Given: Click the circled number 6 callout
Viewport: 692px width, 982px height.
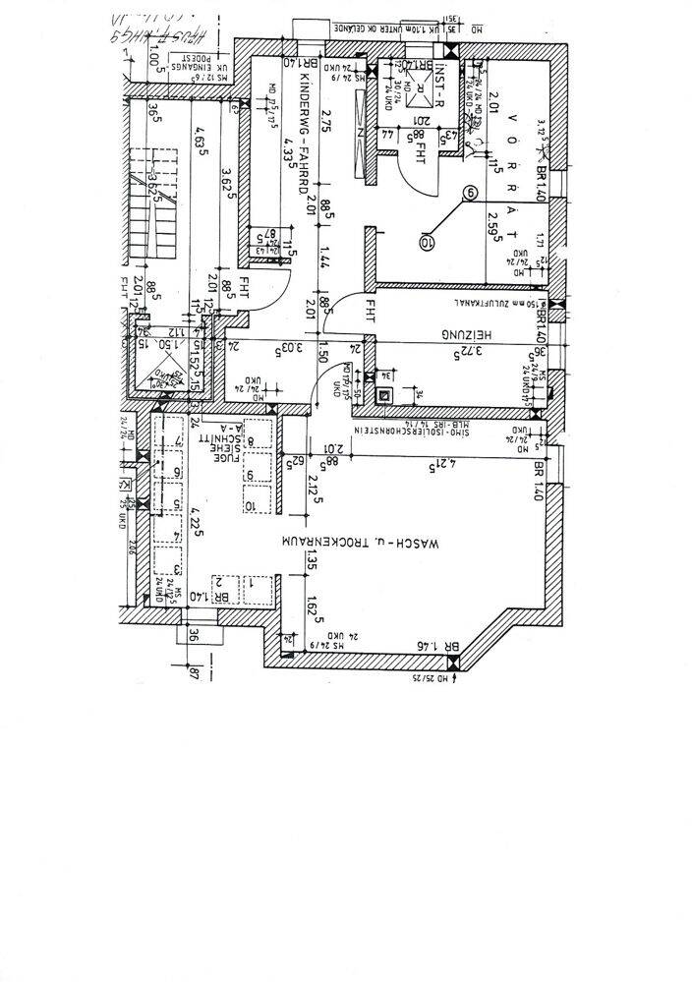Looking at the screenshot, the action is (472, 194).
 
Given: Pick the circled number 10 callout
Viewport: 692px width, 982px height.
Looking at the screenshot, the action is (426, 239).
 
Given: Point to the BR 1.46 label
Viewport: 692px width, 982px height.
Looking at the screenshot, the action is (437, 646).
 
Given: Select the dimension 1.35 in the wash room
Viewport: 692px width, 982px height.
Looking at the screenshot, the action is (313, 560).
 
